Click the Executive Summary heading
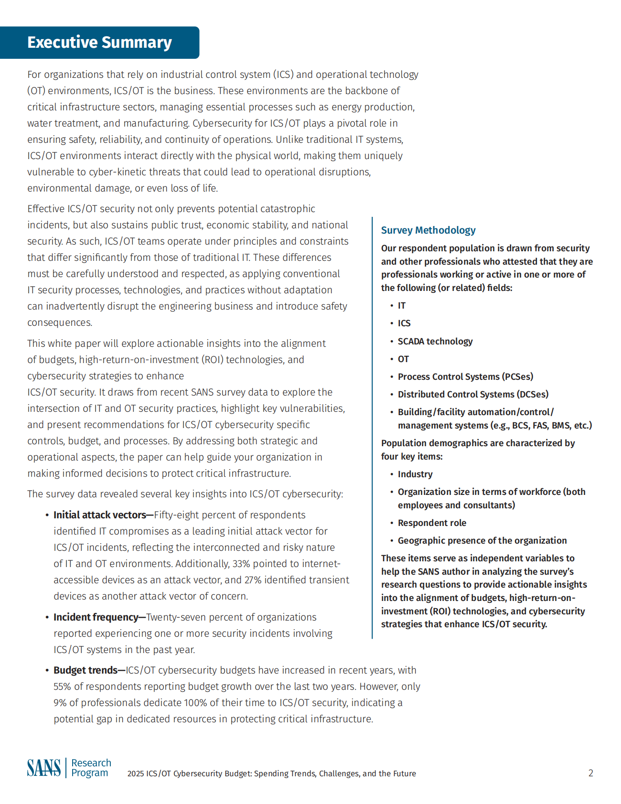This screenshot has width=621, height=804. (99, 43)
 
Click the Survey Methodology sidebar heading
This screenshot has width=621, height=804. (428, 230)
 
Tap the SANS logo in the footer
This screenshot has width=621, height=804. (44, 768)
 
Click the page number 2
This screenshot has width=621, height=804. (590, 773)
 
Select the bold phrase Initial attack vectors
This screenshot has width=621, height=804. (100, 515)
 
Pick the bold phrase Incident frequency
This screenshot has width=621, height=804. (96, 617)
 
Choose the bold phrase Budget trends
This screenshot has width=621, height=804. (86, 670)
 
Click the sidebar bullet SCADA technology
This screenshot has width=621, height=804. (435, 342)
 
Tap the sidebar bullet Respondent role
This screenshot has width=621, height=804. (432, 523)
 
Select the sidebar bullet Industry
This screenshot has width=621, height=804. (415, 474)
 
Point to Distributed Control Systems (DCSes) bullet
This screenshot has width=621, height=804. (473, 395)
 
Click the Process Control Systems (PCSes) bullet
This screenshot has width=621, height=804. (465, 377)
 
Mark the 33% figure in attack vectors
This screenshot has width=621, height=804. (241, 564)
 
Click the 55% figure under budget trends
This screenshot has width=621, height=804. (62, 686)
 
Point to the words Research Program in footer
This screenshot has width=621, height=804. (91, 768)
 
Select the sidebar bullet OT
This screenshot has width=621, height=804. (403, 359)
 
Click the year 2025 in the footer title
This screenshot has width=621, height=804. (136, 773)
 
